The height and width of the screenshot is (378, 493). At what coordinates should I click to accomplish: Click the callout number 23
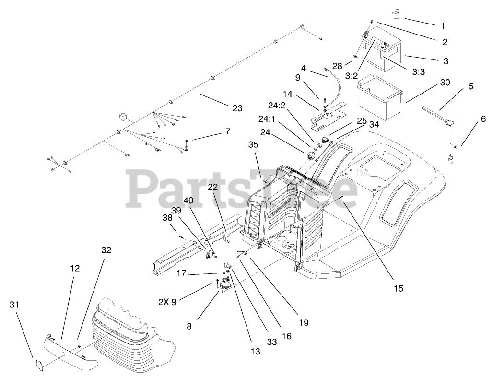(237, 108)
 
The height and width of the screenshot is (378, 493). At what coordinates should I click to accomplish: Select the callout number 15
(398, 288)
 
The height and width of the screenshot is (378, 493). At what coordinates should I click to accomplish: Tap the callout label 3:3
(418, 71)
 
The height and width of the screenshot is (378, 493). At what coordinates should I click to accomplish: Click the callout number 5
(470, 87)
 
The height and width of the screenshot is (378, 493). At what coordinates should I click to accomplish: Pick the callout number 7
(226, 131)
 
